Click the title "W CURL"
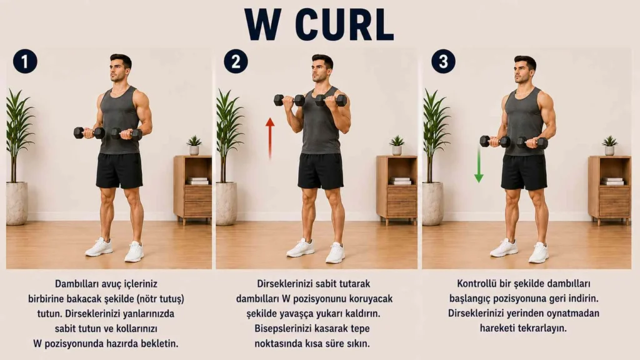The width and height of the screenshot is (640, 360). pyautogui.click(x=319, y=24)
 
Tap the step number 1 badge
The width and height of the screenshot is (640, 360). pyautogui.click(x=25, y=62)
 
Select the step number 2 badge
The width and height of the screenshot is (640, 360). pyautogui.click(x=236, y=62)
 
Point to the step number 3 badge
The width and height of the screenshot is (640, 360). pyautogui.click(x=443, y=62)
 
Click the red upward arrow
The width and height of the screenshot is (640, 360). pyautogui.click(x=270, y=138)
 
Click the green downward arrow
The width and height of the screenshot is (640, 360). pyautogui.click(x=479, y=165)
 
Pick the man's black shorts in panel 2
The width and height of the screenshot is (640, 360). pyautogui.click(x=321, y=171)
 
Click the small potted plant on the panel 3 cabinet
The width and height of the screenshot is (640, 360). pyautogui.click(x=609, y=146)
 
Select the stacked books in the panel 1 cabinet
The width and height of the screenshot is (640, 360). pyautogui.click(x=198, y=181)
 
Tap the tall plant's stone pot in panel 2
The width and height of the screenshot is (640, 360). pyautogui.click(x=226, y=204)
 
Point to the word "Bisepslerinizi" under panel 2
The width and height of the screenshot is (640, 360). pyautogui.click(x=283, y=329)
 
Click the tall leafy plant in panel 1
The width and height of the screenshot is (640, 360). pyautogui.click(x=19, y=135)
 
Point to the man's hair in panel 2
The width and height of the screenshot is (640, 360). pyautogui.click(x=323, y=60)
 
